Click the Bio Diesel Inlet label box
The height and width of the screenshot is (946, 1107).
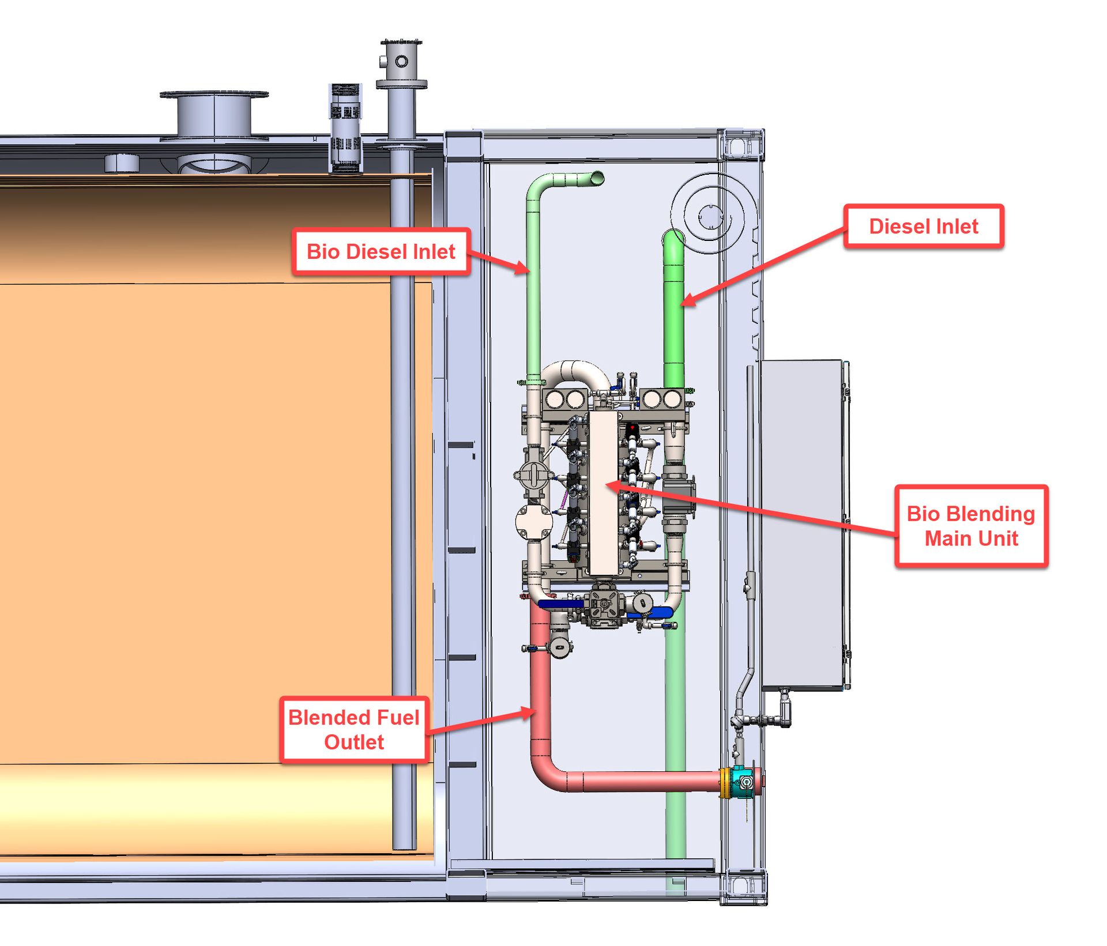[x=381, y=252]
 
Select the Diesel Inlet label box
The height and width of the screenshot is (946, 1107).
[x=924, y=227]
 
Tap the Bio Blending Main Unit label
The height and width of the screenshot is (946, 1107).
[x=971, y=526]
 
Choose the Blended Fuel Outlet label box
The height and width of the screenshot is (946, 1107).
[x=354, y=730]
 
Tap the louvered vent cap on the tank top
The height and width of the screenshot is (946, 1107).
[x=345, y=127]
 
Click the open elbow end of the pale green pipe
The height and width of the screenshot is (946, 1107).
[x=597, y=178]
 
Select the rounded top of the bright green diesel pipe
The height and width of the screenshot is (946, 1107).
[x=673, y=238]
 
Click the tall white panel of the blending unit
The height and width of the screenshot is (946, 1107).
[x=603, y=493]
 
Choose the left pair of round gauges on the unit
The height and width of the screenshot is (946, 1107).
[x=565, y=399]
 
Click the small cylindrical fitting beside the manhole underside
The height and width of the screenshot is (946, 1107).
[x=122, y=163]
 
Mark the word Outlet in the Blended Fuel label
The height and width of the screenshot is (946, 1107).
[x=354, y=743]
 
